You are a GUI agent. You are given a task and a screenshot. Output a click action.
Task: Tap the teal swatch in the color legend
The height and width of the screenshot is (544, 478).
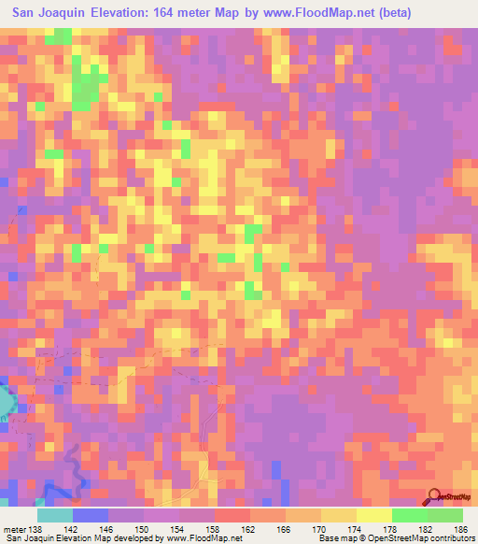point(55,515)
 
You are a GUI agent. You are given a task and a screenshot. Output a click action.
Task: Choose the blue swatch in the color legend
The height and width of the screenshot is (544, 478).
point(91,515)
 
